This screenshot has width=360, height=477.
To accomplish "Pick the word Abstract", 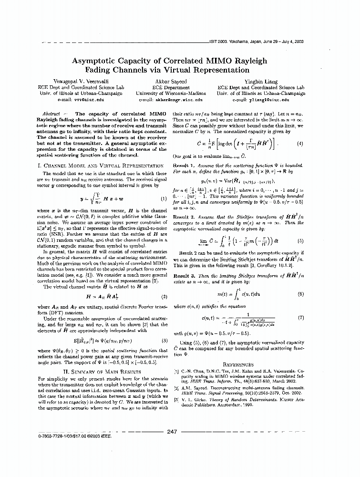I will click(51, 114).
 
